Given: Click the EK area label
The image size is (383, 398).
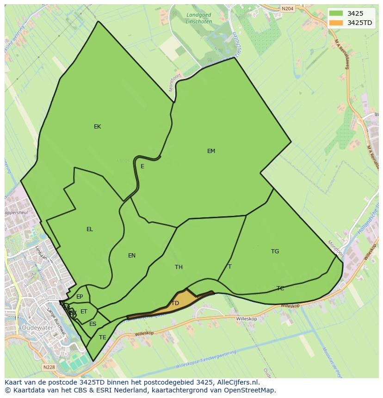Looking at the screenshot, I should click(97, 127).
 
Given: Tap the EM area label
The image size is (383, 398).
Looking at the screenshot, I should click(211, 151).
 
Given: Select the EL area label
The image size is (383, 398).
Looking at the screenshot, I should click(90, 229).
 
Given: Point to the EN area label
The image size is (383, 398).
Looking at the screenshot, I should click(132, 256).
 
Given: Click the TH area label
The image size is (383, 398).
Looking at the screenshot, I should click(179, 267).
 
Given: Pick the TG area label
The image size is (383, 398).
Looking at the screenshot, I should click(275, 251).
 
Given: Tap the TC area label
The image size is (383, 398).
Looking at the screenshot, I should click(280, 288).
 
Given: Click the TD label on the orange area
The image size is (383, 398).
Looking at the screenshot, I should click(175, 304).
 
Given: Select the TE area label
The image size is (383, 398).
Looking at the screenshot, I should click(103, 337).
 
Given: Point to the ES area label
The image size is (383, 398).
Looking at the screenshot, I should click(93, 324).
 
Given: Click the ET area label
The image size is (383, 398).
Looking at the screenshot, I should click(84, 312).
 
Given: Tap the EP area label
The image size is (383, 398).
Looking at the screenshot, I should click(80, 297).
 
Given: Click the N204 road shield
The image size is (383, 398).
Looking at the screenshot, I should click(287, 8).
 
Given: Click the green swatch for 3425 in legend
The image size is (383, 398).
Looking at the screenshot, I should click(336, 13).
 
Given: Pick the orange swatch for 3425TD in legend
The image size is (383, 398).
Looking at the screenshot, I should click(336, 23).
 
